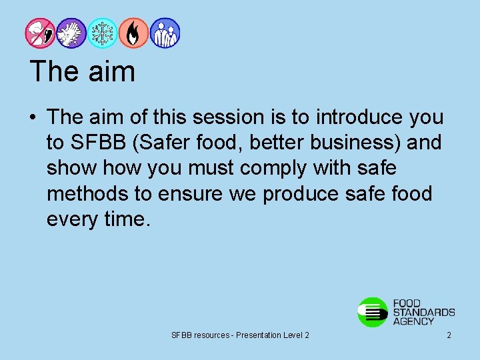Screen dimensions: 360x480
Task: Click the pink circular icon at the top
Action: [x=39, y=33]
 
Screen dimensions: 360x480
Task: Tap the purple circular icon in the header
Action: [x=71, y=33]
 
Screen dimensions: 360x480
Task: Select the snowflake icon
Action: [x=103, y=33]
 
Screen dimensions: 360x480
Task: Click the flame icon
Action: [x=134, y=33]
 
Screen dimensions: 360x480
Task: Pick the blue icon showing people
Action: [x=165, y=33]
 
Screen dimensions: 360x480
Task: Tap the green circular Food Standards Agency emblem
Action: [x=373, y=312]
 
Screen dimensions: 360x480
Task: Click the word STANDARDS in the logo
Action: [x=424, y=312]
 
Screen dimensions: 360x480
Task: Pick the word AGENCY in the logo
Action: [x=413, y=321]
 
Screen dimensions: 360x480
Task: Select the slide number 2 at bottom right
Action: [x=449, y=335]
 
